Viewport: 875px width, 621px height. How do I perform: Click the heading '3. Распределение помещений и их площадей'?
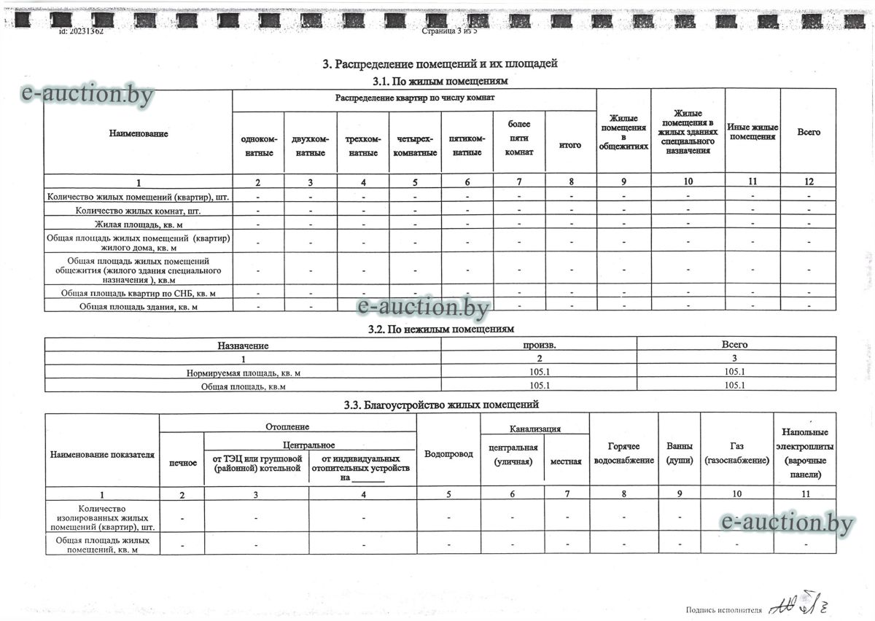(x=440, y=64)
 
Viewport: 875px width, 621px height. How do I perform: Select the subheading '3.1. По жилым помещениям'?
(x=440, y=81)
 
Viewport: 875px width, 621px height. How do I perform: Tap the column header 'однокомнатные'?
(x=259, y=146)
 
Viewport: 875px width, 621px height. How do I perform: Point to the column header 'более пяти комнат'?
(x=519, y=138)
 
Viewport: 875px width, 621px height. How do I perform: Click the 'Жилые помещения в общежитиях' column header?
(x=623, y=132)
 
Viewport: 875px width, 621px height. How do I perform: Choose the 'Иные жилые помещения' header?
(x=752, y=132)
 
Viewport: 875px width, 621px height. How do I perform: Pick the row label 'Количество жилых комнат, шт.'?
(x=139, y=211)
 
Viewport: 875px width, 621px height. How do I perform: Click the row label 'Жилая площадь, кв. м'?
(x=139, y=223)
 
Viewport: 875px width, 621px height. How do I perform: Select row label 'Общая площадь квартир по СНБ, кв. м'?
(x=139, y=293)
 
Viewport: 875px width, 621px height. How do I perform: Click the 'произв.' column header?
(x=539, y=345)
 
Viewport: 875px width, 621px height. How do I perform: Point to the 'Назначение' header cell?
(x=243, y=345)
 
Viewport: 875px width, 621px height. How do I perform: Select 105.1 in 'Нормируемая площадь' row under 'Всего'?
(x=734, y=372)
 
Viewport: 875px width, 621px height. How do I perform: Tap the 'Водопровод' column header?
(x=448, y=453)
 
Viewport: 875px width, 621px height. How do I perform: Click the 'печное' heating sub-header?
(x=182, y=463)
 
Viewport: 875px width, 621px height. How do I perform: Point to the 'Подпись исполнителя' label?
(x=723, y=609)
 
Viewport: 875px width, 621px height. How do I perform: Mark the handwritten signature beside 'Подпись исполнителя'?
(x=802, y=604)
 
